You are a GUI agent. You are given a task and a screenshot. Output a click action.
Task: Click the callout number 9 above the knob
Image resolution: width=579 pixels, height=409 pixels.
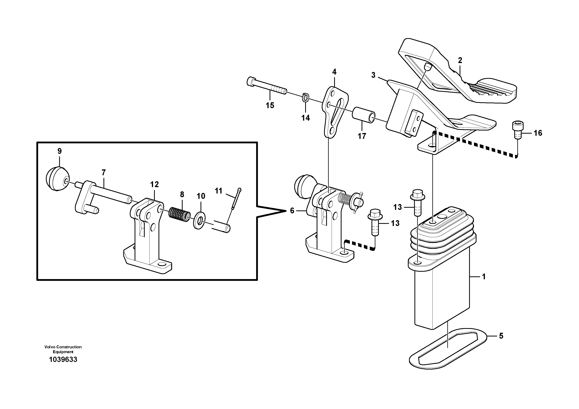point(60,151)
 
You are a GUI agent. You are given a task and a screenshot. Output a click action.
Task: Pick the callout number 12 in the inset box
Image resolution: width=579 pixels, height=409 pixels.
point(154,185)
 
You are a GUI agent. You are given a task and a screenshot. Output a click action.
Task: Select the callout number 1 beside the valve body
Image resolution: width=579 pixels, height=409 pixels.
point(484,277)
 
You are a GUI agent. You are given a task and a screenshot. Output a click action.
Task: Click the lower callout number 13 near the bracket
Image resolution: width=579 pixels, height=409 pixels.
point(395,223)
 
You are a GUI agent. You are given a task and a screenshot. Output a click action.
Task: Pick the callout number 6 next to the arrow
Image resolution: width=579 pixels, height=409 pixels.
point(292,211)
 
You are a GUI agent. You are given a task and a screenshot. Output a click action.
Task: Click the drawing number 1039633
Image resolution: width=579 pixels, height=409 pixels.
point(63,360)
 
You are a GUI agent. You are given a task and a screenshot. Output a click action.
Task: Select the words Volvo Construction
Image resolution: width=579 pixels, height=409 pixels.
point(63,347)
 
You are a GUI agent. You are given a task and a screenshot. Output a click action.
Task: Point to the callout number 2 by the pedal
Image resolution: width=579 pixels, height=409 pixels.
point(460,60)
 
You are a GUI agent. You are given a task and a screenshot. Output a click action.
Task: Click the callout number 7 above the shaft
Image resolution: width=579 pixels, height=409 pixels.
point(103,173)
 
